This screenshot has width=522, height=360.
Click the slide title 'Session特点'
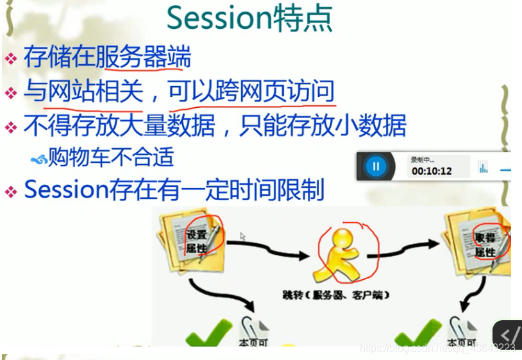point(249,19)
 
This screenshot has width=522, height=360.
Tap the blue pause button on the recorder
point(376,166)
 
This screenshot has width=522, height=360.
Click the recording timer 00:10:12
point(432,171)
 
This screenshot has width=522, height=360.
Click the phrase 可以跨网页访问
point(251,92)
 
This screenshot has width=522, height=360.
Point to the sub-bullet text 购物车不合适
point(110,157)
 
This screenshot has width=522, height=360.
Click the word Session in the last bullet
point(62,189)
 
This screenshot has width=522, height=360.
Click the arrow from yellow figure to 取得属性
point(411,244)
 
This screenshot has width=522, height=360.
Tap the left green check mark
point(208,333)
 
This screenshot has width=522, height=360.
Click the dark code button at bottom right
point(507,334)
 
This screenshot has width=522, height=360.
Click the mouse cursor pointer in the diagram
point(243,236)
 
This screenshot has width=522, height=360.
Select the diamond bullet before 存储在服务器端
point(11,59)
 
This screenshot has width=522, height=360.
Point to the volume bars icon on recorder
point(482,167)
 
